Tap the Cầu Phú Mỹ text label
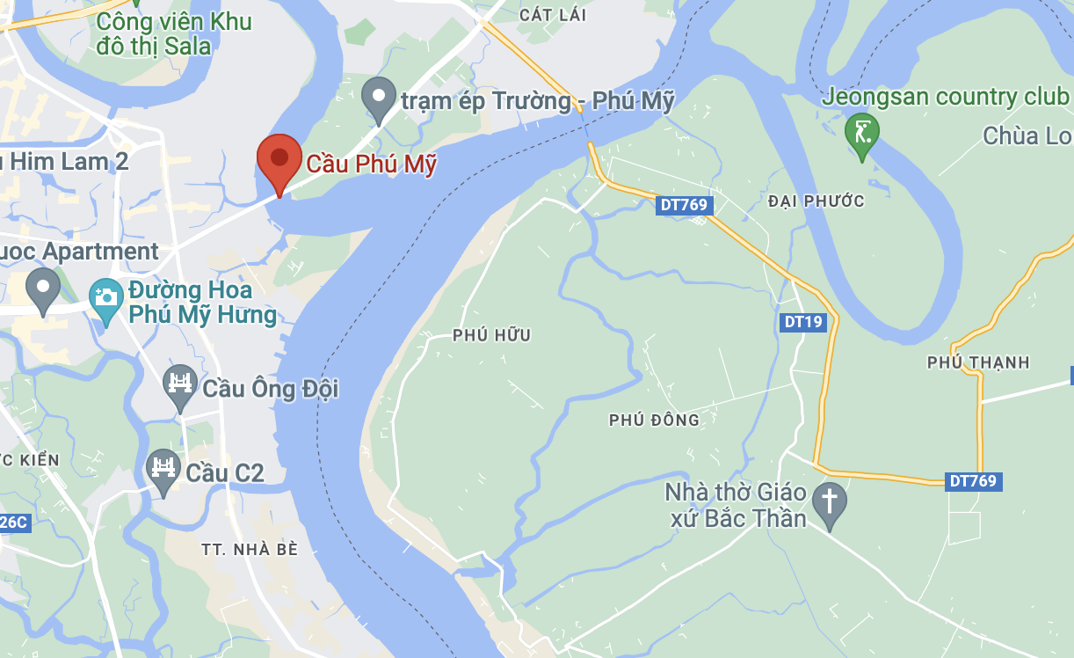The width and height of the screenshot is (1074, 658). coord(371,164)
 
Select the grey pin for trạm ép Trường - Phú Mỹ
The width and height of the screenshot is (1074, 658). coord(379,99)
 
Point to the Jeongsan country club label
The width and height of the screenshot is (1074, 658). coord(945,96)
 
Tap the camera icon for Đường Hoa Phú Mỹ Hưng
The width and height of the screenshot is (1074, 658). coord(106,300)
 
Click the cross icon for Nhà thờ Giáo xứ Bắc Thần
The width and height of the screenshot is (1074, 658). coord(829,505)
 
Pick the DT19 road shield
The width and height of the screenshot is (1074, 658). coord(802,322)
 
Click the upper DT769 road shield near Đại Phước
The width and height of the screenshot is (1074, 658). coord(684,205)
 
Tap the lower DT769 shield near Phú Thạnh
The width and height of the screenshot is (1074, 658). coord(974,481)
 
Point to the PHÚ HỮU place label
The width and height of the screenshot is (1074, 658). coord(492,335)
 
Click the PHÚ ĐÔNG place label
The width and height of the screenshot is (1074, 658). coord(654,420)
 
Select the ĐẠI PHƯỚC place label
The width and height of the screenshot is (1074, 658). coord(816,201)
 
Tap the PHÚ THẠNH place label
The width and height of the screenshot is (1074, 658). coord(978,362)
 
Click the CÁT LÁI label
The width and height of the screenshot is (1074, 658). coord(552,16)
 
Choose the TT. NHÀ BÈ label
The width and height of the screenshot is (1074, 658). coord(250,550)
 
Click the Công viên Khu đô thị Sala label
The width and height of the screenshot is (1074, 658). coord(174,33)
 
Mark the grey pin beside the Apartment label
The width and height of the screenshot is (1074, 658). coord(42,289)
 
